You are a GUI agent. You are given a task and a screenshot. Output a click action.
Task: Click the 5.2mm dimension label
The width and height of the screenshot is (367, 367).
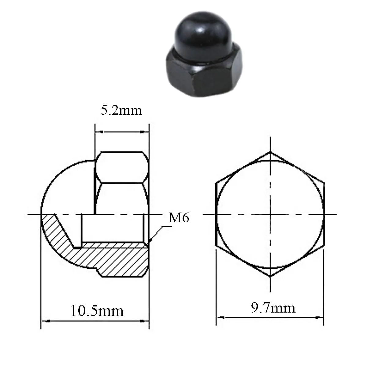tap(121, 110)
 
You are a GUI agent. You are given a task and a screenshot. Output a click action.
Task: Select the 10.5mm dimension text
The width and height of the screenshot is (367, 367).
tap(97, 311)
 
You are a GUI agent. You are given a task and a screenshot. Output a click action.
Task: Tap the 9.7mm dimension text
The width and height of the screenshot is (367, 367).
tap(273, 308)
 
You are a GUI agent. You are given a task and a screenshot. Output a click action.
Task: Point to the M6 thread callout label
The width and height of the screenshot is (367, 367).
tap(179, 218)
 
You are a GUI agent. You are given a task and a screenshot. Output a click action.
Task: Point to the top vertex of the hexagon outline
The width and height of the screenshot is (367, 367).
tap(270, 152)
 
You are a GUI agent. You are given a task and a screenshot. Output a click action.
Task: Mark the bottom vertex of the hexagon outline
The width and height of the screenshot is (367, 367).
tap(270, 276)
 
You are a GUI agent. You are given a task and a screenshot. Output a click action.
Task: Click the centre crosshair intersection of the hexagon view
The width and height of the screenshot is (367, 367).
tap(270, 214)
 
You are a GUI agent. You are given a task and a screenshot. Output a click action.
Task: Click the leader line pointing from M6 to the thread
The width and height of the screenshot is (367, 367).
tap(158, 234)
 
